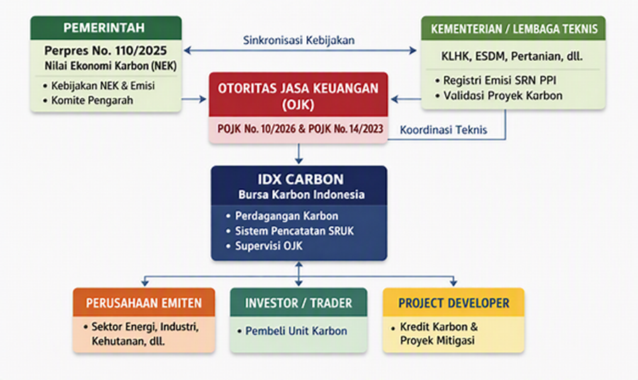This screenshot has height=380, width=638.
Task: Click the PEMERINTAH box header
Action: (106, 28)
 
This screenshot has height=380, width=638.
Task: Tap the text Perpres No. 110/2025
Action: (106, 50)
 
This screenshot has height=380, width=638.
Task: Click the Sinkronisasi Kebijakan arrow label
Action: (298, 40)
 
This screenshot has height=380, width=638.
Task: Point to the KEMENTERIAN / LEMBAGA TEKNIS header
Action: (513, 28)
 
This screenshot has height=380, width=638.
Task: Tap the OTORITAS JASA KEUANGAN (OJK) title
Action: (298, 96)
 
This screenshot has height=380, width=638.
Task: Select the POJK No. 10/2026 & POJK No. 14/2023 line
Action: (301, 129)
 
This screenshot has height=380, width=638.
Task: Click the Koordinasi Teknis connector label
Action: (443, 130)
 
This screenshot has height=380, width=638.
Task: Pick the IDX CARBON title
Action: (301, 179)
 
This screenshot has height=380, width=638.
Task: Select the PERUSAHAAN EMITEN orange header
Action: (144, 303)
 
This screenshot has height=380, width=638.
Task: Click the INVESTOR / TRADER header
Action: (298, 303)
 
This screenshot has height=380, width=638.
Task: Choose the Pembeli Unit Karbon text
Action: (296, 331)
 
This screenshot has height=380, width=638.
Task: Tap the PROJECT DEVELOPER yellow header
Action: (453, 303)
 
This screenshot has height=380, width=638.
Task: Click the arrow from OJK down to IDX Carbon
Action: (299, 154)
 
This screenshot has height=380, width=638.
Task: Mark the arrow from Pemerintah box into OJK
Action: (194, 99)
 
